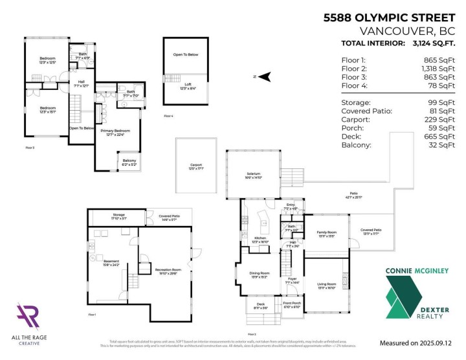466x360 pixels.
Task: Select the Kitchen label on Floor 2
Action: pos(260,238)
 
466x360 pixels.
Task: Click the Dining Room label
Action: pos(259,273)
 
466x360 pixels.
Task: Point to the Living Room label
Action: pos(326,284)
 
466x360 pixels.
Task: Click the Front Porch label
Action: pos(292,305)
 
